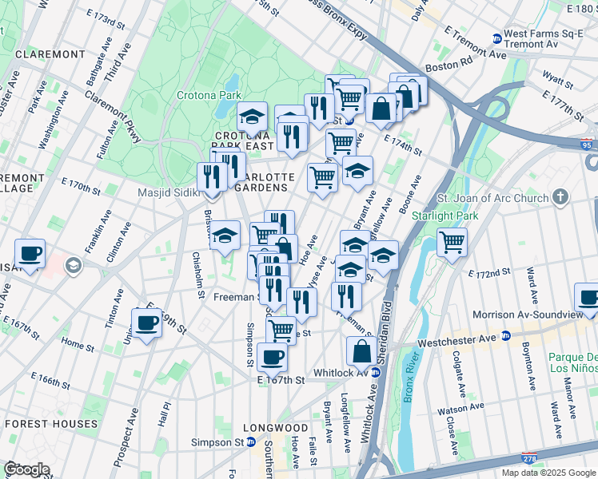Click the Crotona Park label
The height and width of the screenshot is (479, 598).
tap(209, 96)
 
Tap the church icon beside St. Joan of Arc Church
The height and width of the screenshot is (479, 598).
tap(561, 196)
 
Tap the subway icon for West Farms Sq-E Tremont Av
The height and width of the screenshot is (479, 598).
tap(496, 38)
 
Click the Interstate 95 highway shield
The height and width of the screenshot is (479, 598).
tap(588, 144)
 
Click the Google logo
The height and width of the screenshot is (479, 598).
tap(26, 469)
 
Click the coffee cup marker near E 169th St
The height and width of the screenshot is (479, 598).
tap(147, 323)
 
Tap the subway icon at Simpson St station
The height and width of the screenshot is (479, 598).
tap(250, 441)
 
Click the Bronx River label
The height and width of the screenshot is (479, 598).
tap(407, 383)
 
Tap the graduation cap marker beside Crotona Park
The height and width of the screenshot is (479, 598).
tap(252, 117)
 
